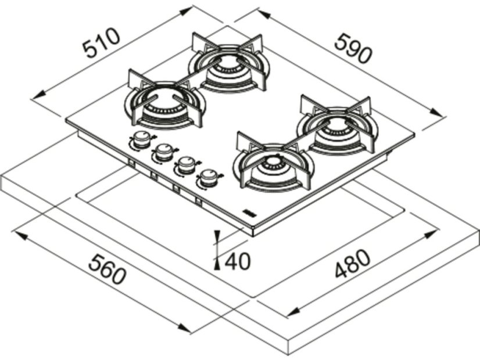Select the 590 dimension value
[x=353, y=49]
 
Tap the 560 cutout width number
[x=107, y=269]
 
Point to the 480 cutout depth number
[x=353, y=264]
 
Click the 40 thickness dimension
[x=238, y=261]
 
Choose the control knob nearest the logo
[x=209, y=178]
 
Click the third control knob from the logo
[x=164, y=153]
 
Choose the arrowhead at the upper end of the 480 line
[x=431, y=235]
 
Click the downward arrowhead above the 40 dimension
[x=217, y=237]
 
